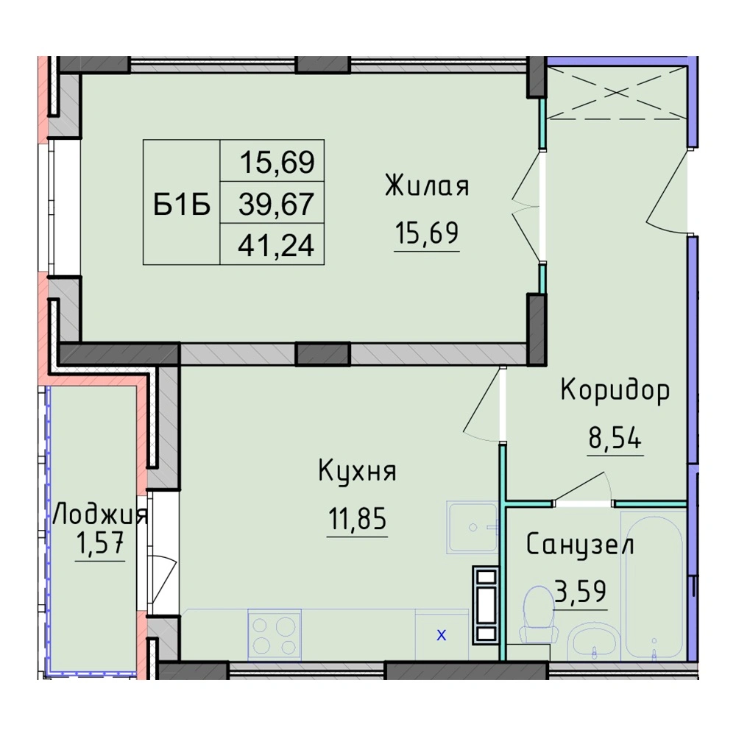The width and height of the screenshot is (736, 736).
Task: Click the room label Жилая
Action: [x=427, y=185]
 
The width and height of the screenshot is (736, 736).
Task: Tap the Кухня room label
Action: [x=357, y=471]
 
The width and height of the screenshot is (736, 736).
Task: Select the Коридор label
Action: [x=615, y=390]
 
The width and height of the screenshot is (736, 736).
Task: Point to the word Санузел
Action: [x=580, y=545]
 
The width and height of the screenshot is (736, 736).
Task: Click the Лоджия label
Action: [x=100, y=515]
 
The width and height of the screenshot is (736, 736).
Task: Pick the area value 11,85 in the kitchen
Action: [x=357, y=519]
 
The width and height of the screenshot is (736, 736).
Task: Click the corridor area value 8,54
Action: [x=615, y=439]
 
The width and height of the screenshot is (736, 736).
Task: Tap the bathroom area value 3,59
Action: [x=581, y=592]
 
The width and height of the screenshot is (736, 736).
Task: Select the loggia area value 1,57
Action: [x=100, y=545]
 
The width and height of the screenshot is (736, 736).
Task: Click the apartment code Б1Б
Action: [x=182, y=205]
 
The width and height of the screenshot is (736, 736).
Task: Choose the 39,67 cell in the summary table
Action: [x=276, y=204]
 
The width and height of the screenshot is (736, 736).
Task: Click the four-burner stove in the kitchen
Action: [x=275, y=634]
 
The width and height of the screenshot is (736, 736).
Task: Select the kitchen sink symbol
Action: [x=473, y=527]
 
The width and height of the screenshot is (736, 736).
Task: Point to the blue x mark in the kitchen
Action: [x=442, y=636]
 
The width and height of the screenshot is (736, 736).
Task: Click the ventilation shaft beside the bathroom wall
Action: [x=486, y=605]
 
